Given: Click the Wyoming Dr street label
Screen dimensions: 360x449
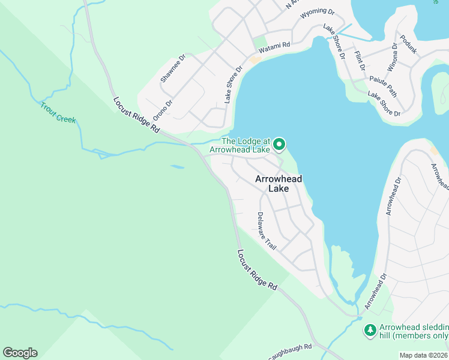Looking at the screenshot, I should [x=317, y=12].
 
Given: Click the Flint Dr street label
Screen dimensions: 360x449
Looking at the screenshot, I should [x=360, y=60].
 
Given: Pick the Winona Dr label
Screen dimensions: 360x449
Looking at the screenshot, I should [x=393, y=58].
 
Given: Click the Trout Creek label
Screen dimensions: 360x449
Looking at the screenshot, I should [x=58, y=112].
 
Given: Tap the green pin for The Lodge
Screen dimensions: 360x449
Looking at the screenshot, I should [x=279, y=145].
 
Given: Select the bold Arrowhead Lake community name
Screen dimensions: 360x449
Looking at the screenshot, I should [x=279, y=184].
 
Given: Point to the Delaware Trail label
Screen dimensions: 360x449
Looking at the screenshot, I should [x=267, y=231].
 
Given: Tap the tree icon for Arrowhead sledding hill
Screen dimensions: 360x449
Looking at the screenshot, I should [x=370, y=329].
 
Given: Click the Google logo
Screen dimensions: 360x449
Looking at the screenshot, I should [x=20, y=352].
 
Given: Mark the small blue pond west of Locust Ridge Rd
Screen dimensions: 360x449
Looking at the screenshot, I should [x=177, y=167].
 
